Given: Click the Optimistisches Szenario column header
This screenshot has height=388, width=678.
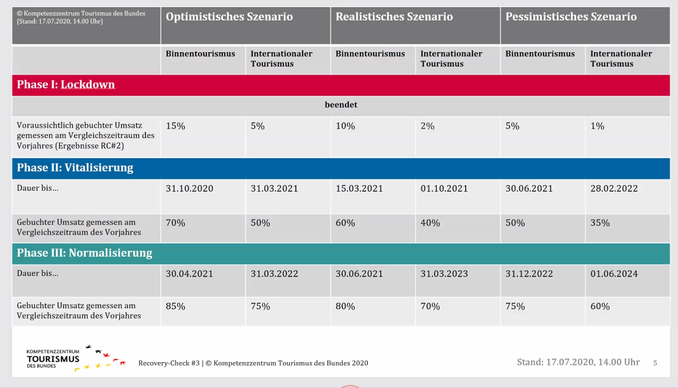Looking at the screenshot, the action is (229, 17).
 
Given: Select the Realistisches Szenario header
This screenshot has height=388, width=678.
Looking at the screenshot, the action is (394, 17).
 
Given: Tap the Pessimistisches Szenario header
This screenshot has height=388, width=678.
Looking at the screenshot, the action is (571, 17).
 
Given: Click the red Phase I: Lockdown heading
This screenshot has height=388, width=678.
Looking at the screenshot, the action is (66, 84).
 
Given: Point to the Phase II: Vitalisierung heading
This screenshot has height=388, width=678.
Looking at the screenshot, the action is (75, 167).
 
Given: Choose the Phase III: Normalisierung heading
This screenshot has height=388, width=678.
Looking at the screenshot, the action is (85, 253).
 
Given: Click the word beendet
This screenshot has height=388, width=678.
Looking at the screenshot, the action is (341, 105).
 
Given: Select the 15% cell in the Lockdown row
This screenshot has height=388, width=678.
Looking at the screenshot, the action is (175, 126).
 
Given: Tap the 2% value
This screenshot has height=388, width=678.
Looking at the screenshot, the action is (427, 126).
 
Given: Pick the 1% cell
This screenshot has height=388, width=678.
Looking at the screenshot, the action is (597, 126).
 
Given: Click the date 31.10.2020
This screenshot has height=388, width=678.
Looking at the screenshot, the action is (189, 188).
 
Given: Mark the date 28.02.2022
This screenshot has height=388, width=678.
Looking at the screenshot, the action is (614, 188).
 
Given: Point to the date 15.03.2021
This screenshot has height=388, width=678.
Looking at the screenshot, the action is (359, 188).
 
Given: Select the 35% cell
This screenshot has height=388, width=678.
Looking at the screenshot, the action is (600, 223).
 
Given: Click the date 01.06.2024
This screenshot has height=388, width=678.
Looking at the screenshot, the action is (614, 274).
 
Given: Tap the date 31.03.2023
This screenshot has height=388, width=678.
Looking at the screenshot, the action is (444, 274).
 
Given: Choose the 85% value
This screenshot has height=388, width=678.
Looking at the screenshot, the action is (175, 306).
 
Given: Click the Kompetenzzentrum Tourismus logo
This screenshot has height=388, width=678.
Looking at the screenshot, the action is (75, 358).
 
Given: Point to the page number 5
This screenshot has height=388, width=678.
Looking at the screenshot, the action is (655, 363).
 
